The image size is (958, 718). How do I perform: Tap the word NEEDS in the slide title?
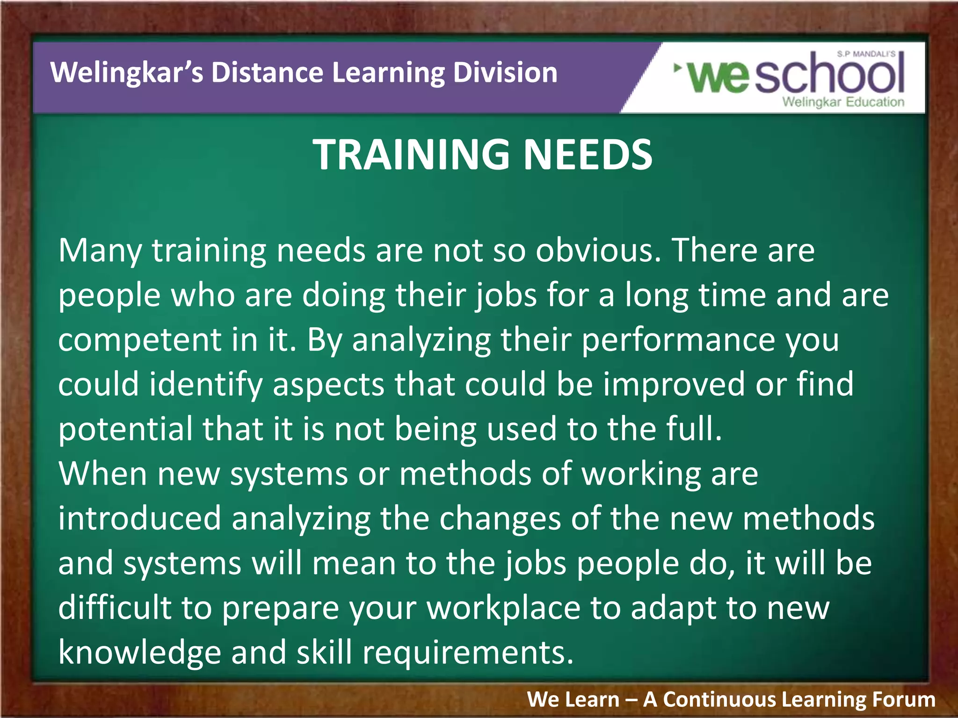(x=588, y=155)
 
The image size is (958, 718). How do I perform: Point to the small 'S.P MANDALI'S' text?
(x=866, y=54)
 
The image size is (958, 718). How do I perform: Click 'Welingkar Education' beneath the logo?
(x=843, y=102)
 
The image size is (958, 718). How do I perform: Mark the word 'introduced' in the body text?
(x=139, y=518)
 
